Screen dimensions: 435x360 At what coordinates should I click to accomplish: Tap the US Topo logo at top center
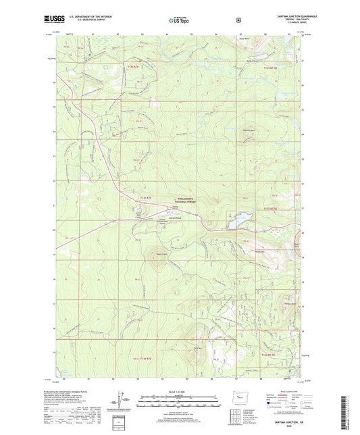178,20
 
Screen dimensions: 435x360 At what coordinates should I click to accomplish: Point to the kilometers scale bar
179,399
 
